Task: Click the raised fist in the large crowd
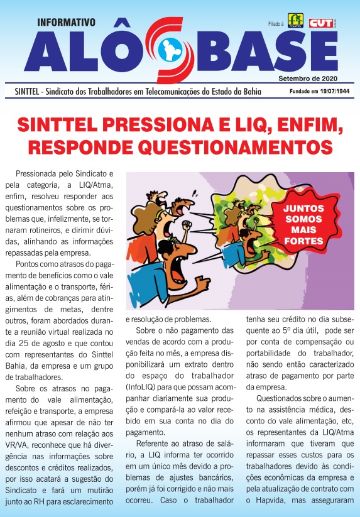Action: tap(185, 224)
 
